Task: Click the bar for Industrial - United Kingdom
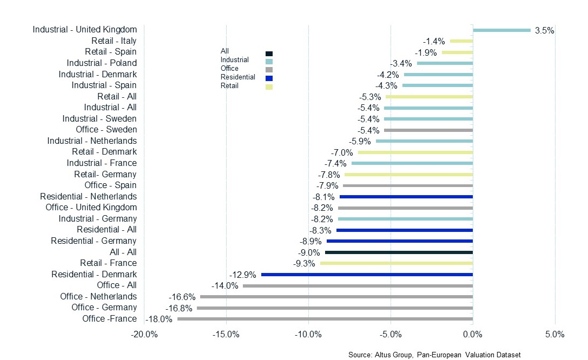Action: (x=501, y=30)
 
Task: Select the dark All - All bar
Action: (x=399, y=252)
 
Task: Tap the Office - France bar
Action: (x=325, y=319)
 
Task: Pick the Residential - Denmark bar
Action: (x=367, y=275)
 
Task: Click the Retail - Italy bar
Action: (x=461, y=41)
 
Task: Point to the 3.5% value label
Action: (x=544, y=31)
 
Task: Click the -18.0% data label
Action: (x=160, y=319)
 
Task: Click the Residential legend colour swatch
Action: (x=269, y=78)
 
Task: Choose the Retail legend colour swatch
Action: (x=269, y=86)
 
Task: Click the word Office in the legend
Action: (x=229, y=69)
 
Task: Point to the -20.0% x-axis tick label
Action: (x=144, y=335)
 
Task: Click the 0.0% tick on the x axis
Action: (x=473, y=335)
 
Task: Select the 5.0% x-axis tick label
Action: (x=554, y=335)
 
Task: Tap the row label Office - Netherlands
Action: (x=98, y=296)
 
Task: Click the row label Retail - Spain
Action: (x=110, y=52)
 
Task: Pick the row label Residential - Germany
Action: (x=94, y=241)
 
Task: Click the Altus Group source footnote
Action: (x=434, y=355)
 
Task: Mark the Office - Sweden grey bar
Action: (x=428, y=130)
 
